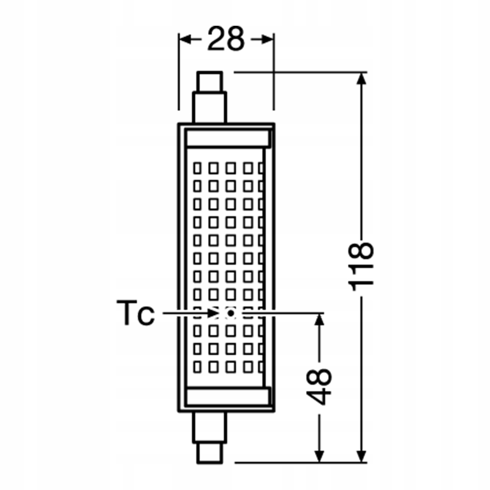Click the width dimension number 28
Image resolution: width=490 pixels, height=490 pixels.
coord(226,39)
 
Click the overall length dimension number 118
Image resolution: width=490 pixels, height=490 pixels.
coord(361,267)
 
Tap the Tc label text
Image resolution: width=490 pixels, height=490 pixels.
coord(136,314)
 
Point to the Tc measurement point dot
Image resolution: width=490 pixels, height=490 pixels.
coord(231,313)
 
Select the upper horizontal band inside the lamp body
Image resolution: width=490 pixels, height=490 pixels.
coord(228,139)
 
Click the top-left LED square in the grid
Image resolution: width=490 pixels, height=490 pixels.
coord(198,168)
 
